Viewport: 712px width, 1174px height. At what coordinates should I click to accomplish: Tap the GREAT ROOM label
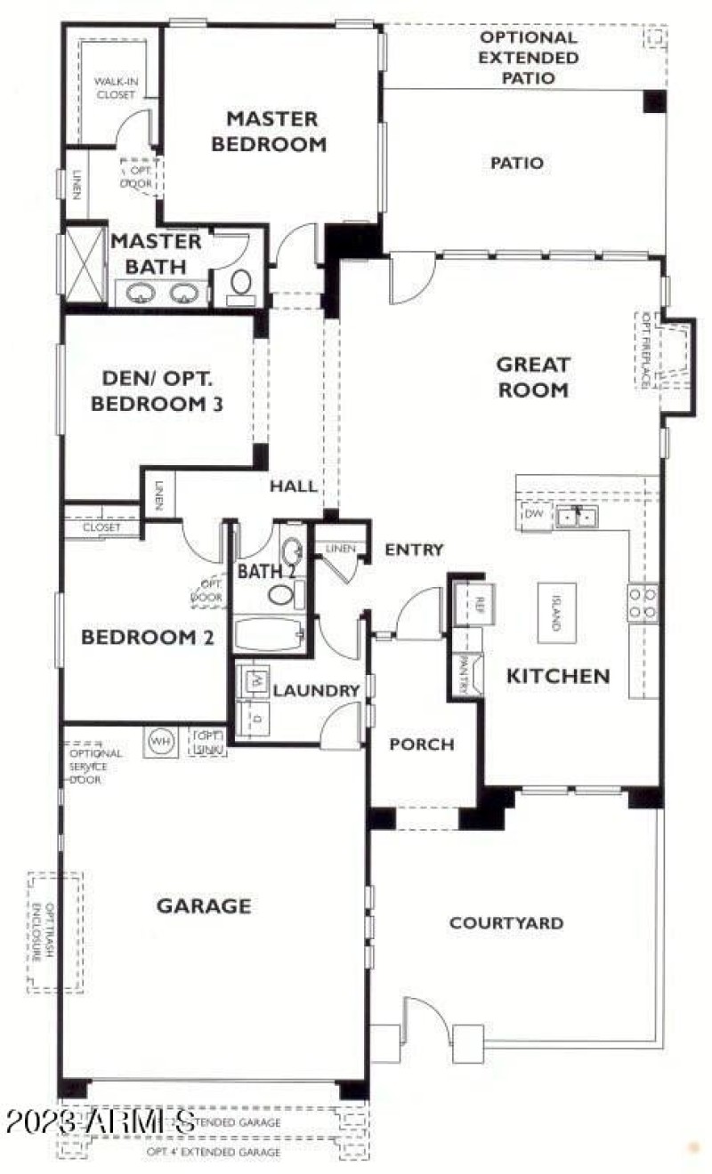[532, 376]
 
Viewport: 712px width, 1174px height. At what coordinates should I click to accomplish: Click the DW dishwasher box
[534, 515]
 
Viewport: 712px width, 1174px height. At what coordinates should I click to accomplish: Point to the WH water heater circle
[161, 740]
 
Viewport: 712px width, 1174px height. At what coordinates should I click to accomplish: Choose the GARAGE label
[204, 906]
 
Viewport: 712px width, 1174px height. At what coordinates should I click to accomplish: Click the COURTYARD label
[506, 922]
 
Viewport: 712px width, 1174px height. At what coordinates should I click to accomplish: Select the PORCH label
[422, 744]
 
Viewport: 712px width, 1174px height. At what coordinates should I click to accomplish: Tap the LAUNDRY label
[303, 690]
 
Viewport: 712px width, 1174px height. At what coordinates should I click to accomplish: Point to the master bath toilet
[241, 284]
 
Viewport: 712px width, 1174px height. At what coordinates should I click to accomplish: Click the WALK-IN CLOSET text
[115, 87]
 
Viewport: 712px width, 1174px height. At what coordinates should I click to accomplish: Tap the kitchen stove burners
[643, 602]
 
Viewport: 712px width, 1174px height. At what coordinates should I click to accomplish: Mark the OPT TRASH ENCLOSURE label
[56, 932]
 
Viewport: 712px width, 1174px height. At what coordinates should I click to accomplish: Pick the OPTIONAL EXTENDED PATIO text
[529, 58]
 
